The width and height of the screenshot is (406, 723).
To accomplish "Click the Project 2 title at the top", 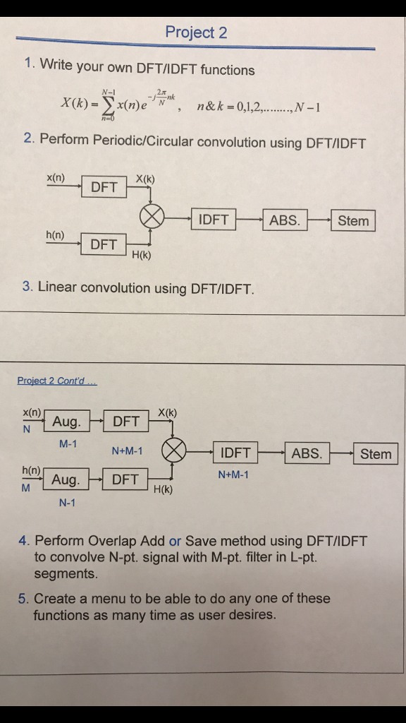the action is (196, 32).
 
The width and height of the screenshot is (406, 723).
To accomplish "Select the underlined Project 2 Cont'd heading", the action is (57, 381).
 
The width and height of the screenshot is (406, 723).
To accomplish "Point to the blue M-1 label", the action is (68, 444).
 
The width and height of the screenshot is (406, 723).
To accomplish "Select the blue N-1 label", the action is (67, 503).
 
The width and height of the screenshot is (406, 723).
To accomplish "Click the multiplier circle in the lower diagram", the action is (173, 450).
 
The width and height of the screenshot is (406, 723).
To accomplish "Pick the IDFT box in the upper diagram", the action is (214, 220).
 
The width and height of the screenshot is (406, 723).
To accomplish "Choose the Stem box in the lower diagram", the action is (376, 454).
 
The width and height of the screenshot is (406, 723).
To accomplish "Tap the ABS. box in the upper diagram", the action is (285, 220).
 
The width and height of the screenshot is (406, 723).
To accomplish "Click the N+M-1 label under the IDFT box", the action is (233, 475).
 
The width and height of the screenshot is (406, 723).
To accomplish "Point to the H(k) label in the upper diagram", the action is (141, 255).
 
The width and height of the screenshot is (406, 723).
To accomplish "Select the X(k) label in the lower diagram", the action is (167, 412).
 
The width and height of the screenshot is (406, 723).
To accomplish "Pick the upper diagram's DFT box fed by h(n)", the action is (104, 244).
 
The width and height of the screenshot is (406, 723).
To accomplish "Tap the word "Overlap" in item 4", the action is (112, 541).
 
